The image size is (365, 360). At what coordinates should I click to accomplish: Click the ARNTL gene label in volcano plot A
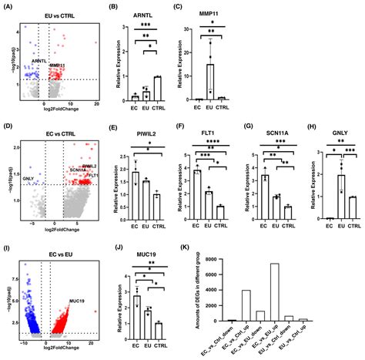tap(42, 59)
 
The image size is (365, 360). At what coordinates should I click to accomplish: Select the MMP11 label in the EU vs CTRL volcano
tap(58, 66)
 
